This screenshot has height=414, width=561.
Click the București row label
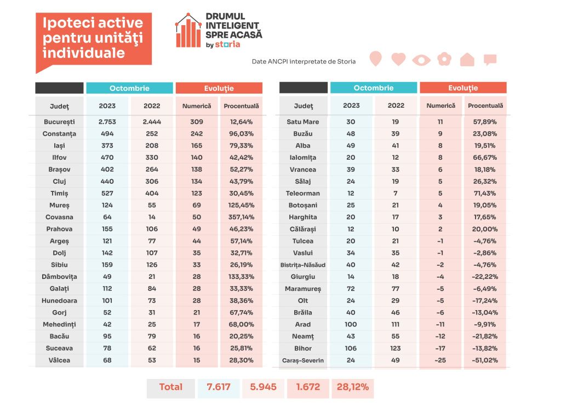click(x=59, y=122)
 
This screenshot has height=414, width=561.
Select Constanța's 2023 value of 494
click(x=107, y=133)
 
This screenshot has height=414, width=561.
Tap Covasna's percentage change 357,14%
click(x=241, y=217)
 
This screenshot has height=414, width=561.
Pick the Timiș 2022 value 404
click(x=152, y=193)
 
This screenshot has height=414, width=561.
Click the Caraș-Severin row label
click(x=302, y=360)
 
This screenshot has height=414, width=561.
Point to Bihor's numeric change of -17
click(x=440, y=348)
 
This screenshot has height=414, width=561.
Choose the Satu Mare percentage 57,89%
click(x=485, y=122)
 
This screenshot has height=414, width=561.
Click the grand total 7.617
click(x=219, y=387)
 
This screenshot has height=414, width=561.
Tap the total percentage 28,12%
click(x=353, y=387)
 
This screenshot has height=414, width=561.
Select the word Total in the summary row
click(x=171, y=387)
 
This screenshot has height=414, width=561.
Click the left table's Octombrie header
click(x=129, y=88)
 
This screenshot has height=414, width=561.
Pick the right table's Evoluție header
click(x=463, y=88)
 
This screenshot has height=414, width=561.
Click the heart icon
click(x=398, y=59)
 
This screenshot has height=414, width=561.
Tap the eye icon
click(x=421, y=60)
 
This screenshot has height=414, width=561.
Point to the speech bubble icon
click(x=490, y=59)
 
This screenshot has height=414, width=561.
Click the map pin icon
click(x=375, y=58)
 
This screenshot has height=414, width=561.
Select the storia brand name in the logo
click(x=227, y=45)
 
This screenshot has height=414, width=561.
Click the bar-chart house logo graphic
click(x=188, y=31)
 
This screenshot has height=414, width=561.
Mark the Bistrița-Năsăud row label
click(x=302, y=265)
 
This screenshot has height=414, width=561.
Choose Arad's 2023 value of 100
click(x=351, y=324)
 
